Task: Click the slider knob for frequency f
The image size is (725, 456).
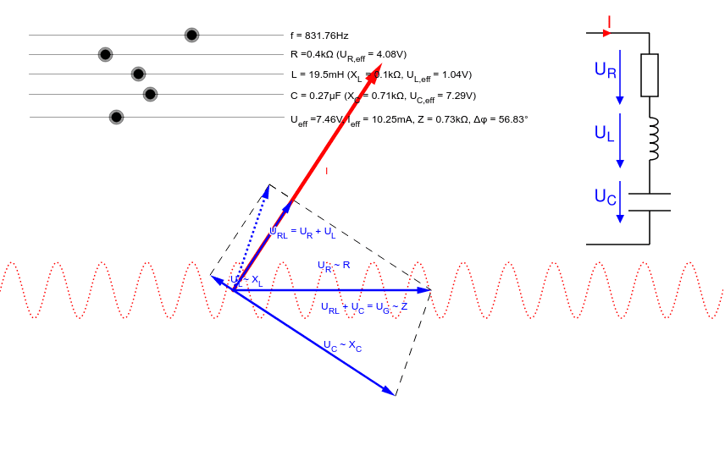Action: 192,35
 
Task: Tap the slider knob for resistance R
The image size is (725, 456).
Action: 105,54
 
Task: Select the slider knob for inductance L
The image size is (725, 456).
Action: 139,74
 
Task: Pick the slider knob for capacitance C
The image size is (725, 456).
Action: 150,94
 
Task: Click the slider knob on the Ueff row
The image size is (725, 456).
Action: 117,117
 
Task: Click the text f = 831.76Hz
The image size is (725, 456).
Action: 319,36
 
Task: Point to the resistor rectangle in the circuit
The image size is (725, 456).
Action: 650,75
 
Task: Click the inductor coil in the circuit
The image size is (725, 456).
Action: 651,139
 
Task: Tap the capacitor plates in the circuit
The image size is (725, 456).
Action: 650,202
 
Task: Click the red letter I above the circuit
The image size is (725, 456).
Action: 609,21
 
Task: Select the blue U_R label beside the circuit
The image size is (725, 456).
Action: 605,70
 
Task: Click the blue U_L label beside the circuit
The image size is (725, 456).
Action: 604,134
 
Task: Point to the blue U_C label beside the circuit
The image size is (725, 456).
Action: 605,197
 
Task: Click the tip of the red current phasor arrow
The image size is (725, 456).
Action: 380,65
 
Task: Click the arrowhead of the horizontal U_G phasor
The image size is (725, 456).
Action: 429,290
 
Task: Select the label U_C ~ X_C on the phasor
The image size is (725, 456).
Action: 342,345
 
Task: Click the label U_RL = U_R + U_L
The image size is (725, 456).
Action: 302,232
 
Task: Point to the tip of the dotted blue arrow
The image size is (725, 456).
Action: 268,188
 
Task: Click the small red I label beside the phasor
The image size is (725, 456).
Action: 326,171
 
